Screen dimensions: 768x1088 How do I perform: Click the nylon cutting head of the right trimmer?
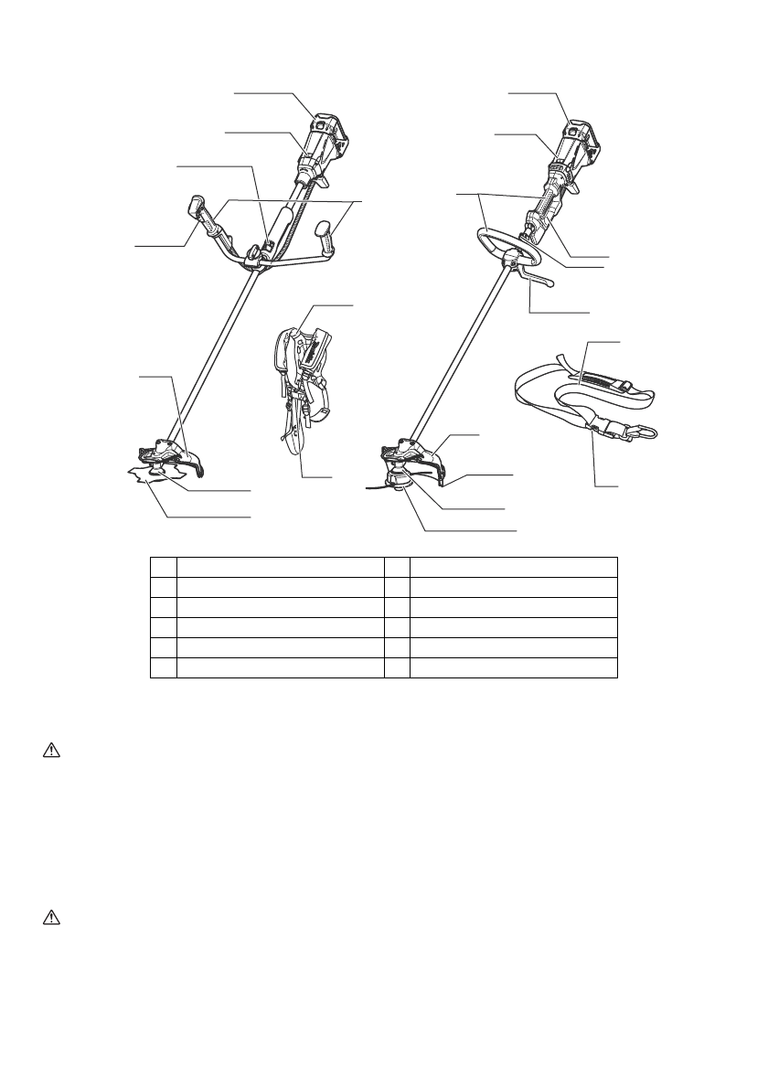pyautogui.click(x=399, y=480)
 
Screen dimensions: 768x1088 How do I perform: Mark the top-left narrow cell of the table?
pyautogui.click(x=164, y=564)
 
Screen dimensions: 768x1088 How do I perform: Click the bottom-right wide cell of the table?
pyautogui.click(x=514, y=667)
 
